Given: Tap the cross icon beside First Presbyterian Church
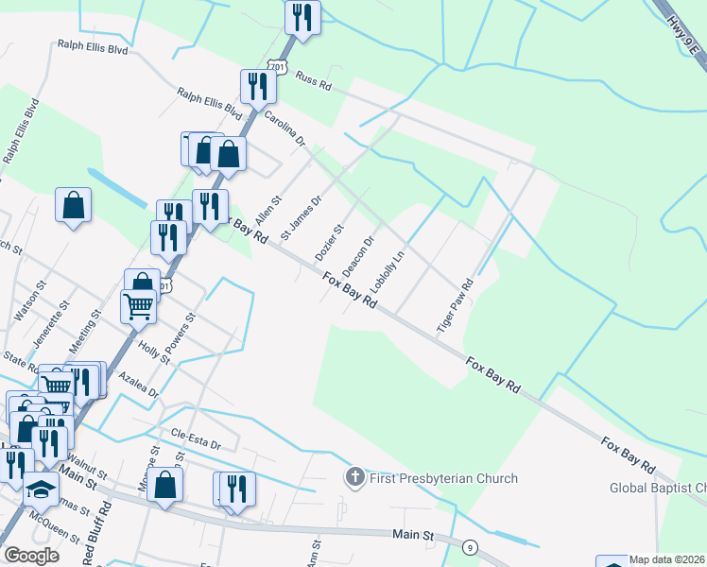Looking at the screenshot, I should pos(355,477).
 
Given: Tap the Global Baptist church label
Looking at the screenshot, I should pos(658,488).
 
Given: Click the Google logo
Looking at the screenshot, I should pos(31,556).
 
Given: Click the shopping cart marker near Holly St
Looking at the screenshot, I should pos(138,307).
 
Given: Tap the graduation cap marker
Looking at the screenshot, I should pos(40,489).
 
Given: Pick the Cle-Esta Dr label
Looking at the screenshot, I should pos(196,438).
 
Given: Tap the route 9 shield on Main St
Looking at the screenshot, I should pos(469,547).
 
